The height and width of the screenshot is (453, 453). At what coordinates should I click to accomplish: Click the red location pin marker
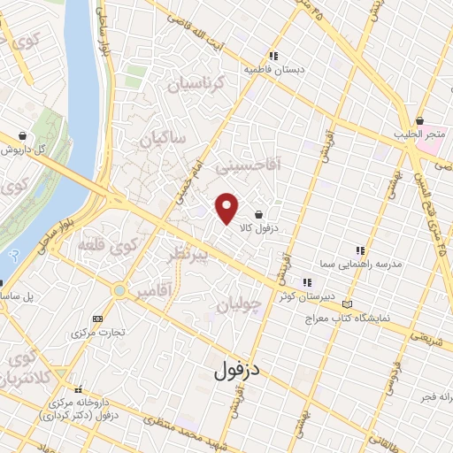coord(228,208)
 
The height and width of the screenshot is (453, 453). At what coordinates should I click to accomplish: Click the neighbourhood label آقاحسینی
coord(275,164)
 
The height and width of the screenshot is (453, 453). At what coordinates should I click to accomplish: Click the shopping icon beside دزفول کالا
coord(257,215)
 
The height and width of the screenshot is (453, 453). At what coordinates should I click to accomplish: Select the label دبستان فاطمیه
coord(273,68)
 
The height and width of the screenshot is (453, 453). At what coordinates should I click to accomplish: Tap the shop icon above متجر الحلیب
coord(419,120)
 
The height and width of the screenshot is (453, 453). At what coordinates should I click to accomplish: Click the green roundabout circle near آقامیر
coord(119,289)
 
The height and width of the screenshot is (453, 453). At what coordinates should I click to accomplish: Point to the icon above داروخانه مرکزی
coord(79,389)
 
